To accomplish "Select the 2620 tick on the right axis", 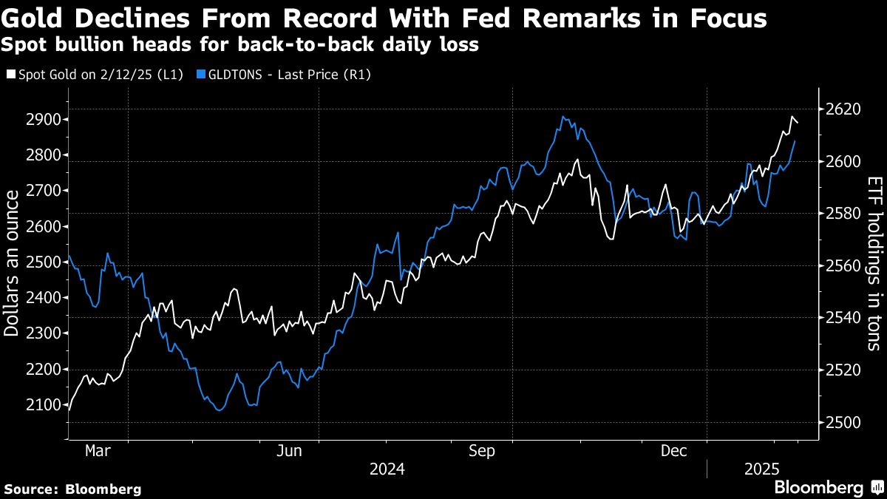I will tap(841, 109).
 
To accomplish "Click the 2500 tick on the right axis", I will tap(841, 422).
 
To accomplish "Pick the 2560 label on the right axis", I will tap(841, 266).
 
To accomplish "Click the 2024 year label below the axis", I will tap(387, 469).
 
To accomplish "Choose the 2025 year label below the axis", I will tap(762, 469).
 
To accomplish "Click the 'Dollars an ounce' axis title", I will tap(12, 262).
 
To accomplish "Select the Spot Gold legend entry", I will tap(96, 74).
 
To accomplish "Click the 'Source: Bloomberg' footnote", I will tap(72, 489).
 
